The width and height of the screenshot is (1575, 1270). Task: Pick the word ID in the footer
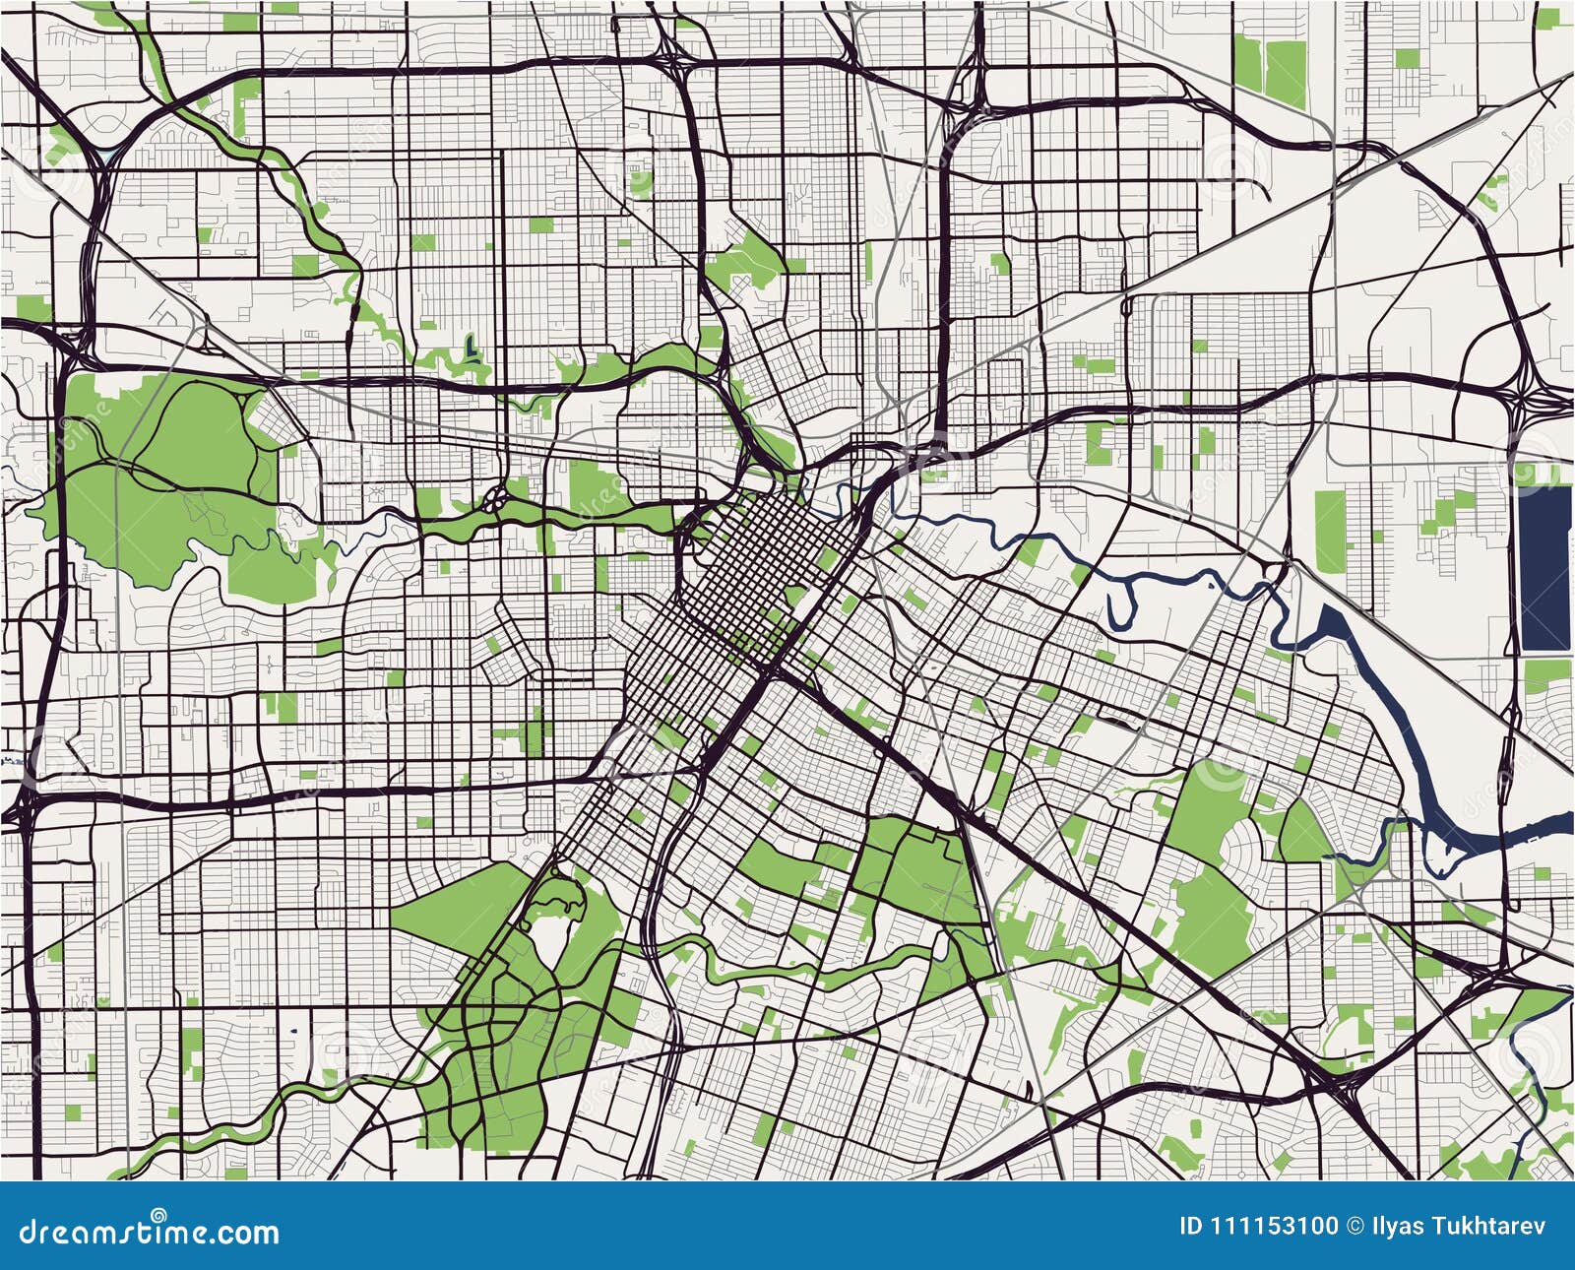coord(1190,1227)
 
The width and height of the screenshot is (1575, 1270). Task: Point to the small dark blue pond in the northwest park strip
coord(472,347)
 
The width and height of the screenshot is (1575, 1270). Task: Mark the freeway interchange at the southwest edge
coord(25,802)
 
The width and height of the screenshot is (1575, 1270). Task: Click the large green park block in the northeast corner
coord(1270,69)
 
